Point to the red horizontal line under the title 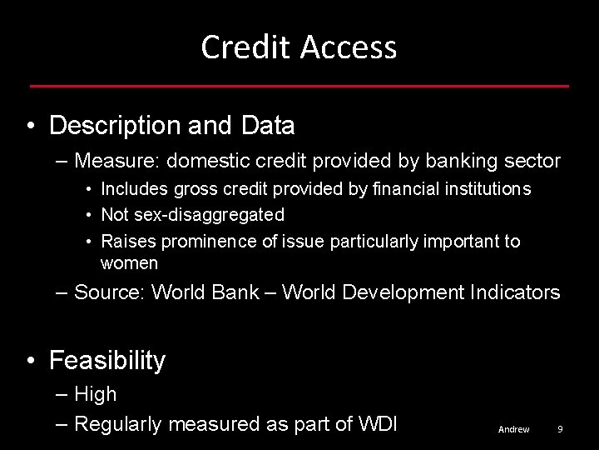click(x=299, y=86)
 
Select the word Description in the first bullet click(x=112, y=126)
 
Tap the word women click(x=129, y=263)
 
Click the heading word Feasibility click(x=107, y=361)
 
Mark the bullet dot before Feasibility click(x=31, y=362)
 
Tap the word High click(x=96, y=394)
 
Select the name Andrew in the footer click(x=513, y=429)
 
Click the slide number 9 click(x=560, y=429)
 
